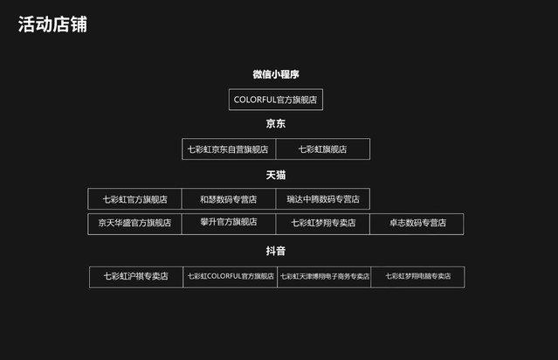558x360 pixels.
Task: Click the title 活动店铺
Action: tap(52, 24)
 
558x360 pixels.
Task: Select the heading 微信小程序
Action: tap(276, 75)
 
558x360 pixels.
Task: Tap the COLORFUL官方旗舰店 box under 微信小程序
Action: tap(276, 100)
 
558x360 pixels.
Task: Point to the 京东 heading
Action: tap(276, 124)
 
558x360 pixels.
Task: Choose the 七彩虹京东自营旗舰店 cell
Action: tap(228, 149)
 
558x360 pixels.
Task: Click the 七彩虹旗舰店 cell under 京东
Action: tap(322, 149)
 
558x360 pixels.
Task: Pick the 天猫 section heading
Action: tap(276, 176)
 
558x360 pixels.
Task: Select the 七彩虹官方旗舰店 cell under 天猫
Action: tap(134, 199)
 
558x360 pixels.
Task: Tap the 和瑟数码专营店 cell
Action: tap(228, 199)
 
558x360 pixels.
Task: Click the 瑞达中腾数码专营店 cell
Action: tap(322, 199)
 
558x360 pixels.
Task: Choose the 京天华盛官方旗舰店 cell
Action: tap(134, 223)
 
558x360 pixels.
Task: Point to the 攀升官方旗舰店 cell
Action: tap(228, 222)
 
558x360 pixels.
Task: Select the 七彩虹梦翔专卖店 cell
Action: tap(323, 223)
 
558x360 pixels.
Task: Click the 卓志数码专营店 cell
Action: tap(417, 223)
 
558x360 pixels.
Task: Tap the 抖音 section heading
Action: tap(276, 251)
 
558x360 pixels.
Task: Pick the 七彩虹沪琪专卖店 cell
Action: tap(136, 276)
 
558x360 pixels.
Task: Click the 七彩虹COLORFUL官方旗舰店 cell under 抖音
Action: tap(231, 276)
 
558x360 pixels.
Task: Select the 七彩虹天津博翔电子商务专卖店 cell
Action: tap(324, 276)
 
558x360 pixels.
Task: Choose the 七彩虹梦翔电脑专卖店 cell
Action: tap(417, 276)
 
